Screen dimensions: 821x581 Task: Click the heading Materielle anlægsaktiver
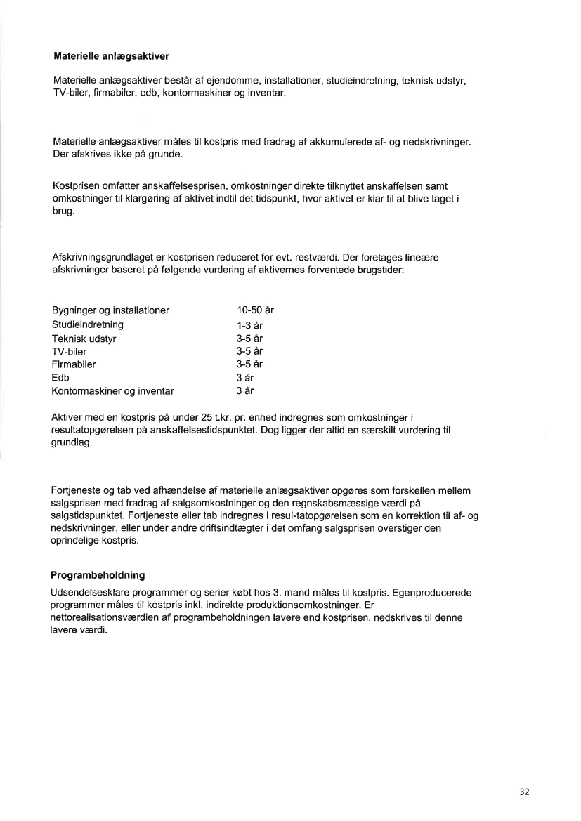[x=111, y=55]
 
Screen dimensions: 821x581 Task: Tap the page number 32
[x=524, y=792]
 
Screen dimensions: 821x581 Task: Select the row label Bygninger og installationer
[x=111, y=310]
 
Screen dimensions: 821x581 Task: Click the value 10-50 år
[x=254, y=310]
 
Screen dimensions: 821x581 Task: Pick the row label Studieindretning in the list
[x=88, y=324]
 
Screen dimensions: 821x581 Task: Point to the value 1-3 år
[x=249, y=325]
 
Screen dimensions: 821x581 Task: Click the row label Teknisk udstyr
[x=84, y=338]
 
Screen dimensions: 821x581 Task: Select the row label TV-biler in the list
[x=70, y=351]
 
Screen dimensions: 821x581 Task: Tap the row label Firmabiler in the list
[x=74, y=364]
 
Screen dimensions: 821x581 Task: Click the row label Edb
[x=61, y=378]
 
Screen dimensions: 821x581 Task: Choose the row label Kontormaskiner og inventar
[x=113, y=391]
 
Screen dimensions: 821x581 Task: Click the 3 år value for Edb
[x=244, y=378]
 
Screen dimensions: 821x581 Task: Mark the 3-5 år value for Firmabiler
[x=249, y=364]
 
